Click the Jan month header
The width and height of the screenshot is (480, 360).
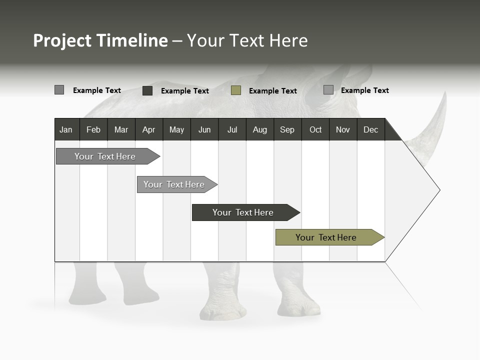(66, 129)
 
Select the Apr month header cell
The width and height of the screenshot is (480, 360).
(149, 129)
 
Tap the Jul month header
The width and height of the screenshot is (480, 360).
(232, 129)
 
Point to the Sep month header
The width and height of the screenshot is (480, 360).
(287, 129)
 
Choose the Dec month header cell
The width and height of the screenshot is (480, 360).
(370, 129)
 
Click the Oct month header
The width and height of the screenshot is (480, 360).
(315, 129)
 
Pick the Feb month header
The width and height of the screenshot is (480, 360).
(93, 129)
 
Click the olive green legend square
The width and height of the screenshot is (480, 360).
(236, 90)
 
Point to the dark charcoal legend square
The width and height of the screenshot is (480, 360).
(147, 90)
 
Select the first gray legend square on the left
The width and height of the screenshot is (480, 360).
(59, 90)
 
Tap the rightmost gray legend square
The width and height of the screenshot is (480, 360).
(328, 90)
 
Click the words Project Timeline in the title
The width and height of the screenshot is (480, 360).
(100, 40)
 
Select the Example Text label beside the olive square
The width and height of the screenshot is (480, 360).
(272, 91)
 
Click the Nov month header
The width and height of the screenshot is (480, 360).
(343, 129)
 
